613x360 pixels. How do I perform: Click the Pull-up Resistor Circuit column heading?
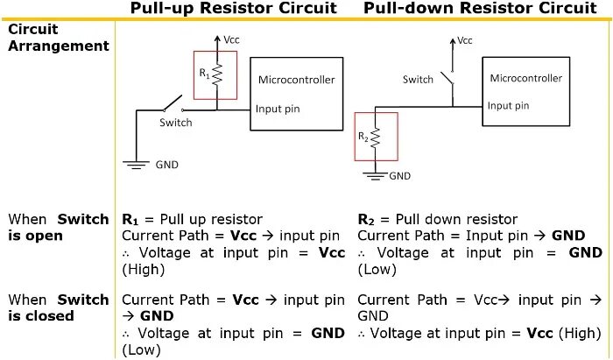pos(233,9)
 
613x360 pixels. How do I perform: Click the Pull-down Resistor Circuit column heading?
pos(480,9)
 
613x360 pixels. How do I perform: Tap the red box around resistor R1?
pos(215,77)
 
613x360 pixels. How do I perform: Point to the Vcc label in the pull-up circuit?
pos(232,40)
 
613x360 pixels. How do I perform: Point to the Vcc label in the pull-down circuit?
pos(465,40)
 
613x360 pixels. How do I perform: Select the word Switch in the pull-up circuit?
pos(175,123)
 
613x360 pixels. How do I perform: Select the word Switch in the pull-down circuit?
pos(418,80)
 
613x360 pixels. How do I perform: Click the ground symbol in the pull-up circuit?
pos(136,164)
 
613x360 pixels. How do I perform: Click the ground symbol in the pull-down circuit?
pos(375,174)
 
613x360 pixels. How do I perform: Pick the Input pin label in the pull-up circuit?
pos(278,109)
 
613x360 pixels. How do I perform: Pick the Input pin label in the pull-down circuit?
pos(510,106)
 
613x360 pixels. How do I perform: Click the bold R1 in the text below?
pos(130,219)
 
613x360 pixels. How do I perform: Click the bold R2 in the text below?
pos(368,219)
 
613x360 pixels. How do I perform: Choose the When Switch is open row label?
pos(58,227)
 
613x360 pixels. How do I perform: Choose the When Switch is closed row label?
pos(58,307)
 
